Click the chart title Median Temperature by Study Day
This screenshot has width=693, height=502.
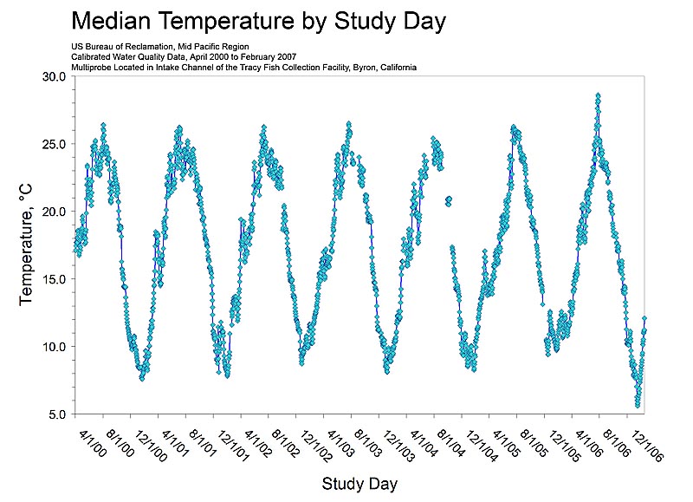[257, 20]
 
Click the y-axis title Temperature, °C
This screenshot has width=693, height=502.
[26, 245]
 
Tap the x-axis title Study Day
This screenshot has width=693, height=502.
[359, 483]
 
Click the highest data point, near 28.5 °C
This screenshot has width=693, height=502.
[598, 95]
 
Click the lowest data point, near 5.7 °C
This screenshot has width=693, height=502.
[638, 405]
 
